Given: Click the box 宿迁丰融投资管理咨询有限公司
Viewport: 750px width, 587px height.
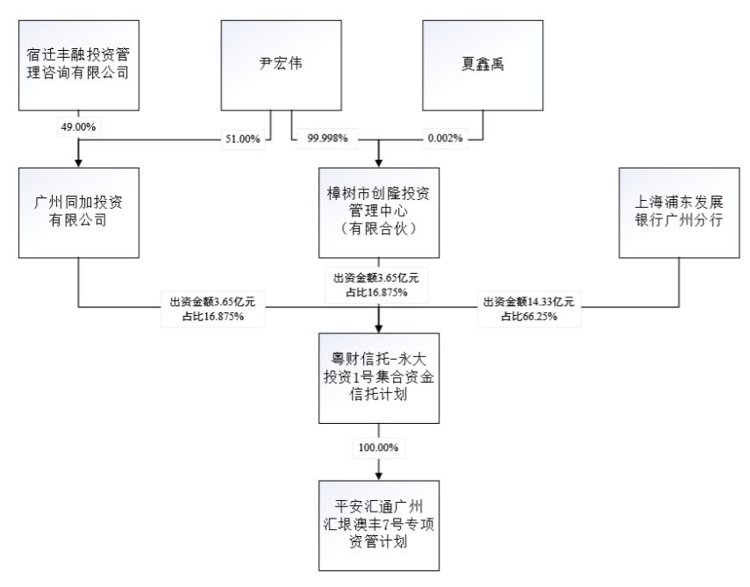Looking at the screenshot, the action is pyautogui.click(x=79, y=65).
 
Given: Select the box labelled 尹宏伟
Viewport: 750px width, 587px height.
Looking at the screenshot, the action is pyautogui.click(x=282, y=65).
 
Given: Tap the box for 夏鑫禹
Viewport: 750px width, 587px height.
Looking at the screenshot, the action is pyautogui.click(x=482, y=65).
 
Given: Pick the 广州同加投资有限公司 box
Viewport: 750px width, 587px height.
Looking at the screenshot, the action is pyautogui.click(x=79, y=213).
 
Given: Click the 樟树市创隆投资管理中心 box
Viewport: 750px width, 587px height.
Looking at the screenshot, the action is pyautogui.click(x=379, y=213).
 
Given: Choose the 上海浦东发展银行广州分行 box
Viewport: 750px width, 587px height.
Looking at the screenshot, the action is pyautogui.click(x=679, y=213).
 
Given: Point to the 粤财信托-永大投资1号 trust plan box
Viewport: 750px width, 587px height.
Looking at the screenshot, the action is pyautogui.click(x=379, y=378).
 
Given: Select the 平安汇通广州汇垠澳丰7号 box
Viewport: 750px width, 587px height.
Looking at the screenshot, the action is pyautogui.click(x=379, y=526).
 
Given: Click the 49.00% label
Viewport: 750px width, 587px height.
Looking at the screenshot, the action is pyautogui.click(x=78, y=127).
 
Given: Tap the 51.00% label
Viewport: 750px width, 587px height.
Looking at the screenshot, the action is pyautogui.click(x=243, y=140).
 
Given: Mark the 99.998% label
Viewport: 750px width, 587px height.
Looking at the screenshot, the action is pyautogui.click(x=328, y=139).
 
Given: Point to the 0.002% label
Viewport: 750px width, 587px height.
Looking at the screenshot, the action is pyautogui.click(x=446, y=139).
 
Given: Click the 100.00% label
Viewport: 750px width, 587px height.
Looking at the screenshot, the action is pyautogui.click(x=379, y=447).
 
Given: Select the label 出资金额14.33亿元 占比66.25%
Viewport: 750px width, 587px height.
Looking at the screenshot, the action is pyautogui.click(x=529, y=309).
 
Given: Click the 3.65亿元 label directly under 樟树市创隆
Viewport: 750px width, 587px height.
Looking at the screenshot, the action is pyautogui.click(x=376, y=285).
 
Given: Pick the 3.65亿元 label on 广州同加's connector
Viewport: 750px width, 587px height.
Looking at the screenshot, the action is pyautogui.click(x=213, y=309).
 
